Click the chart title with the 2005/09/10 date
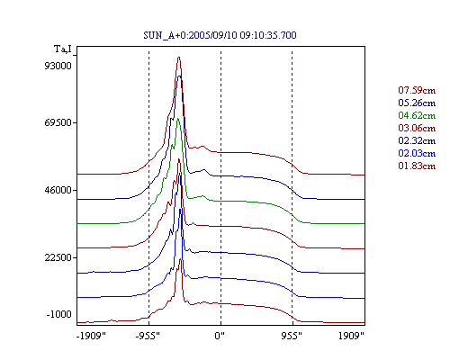[x=220, y=35]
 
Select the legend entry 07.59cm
[x=417, y=90]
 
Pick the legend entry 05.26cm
[x=417, y=103]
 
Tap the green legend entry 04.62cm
[x=417, y=115]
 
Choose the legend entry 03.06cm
[x=417, y=128]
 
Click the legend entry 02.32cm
[x=417, y=140]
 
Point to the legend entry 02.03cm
[x=417, y=153]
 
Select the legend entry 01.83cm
[x=417, y=166]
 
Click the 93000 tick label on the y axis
[x=58, y=66]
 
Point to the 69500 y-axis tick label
[x=58, y=122]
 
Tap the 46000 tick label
[x=58, y=190]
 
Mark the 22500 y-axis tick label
[x=58, y=257]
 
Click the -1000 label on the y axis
[x=58, y=314]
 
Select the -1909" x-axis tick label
[x=91, y=336]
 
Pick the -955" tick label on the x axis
[x=148, y=336]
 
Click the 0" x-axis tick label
[x=220, y=336]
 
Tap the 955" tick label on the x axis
[x=292, y=336]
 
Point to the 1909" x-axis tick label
[x=351, y=336]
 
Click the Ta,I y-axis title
[x=63, y=49]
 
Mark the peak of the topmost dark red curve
[x=179, y=57]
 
